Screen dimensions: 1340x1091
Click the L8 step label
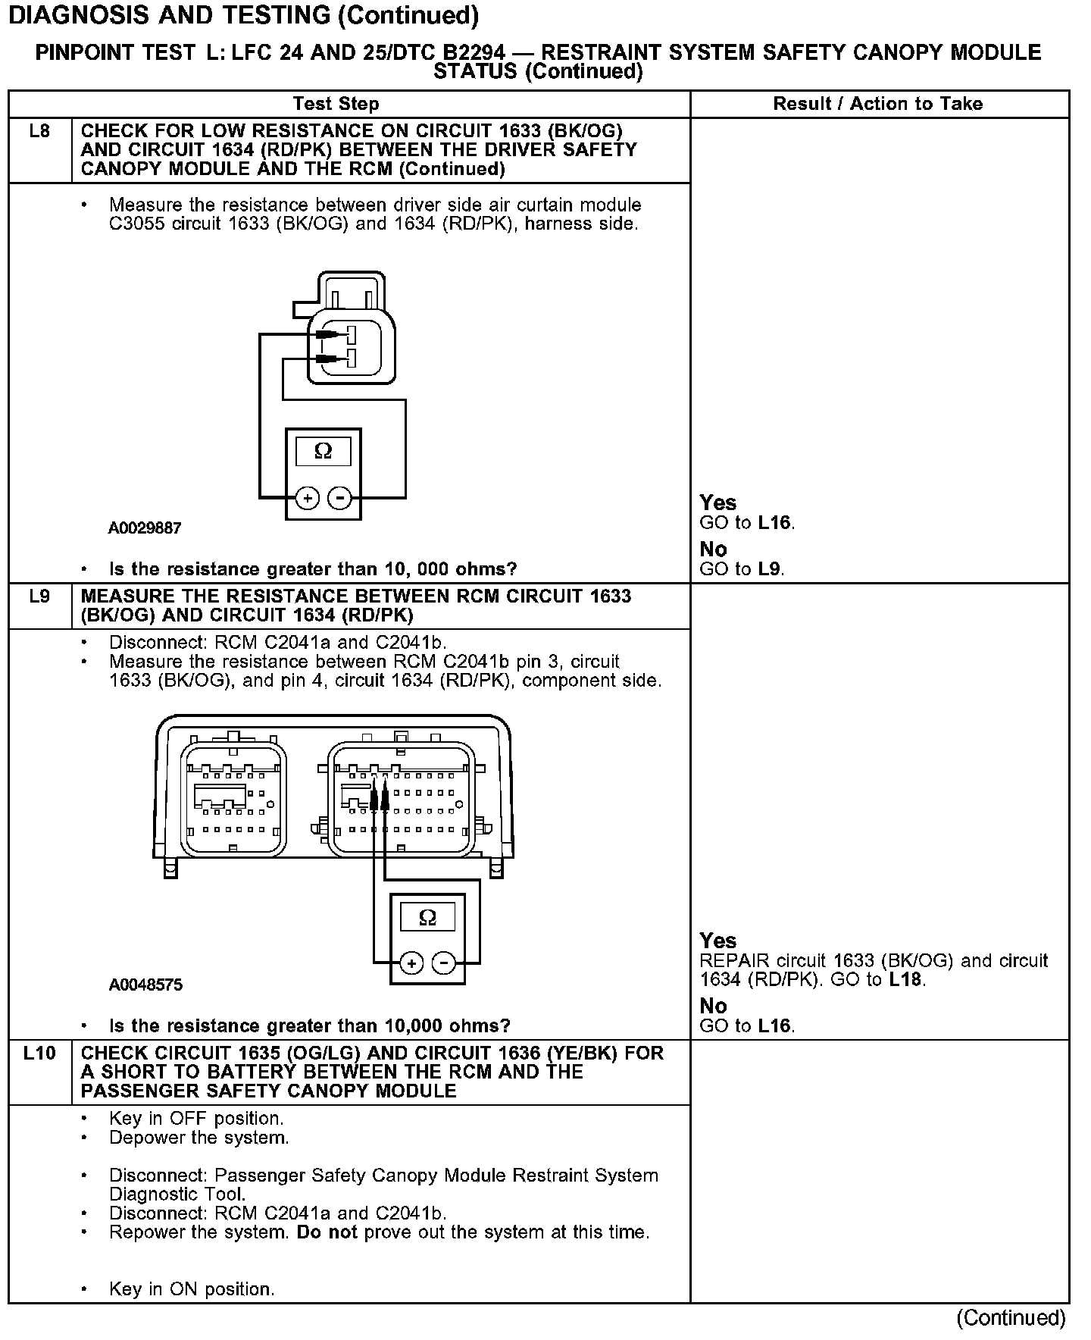39,132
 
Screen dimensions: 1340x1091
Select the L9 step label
39,596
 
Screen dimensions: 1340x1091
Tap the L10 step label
39,1053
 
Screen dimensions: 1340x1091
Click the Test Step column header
336,104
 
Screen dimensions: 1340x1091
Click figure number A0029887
145,528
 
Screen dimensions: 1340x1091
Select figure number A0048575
145,985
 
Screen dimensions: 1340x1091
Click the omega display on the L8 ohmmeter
323,452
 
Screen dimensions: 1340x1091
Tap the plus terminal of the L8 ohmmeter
307,498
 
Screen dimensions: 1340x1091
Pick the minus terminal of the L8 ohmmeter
340,498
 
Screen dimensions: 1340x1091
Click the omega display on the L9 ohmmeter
427,918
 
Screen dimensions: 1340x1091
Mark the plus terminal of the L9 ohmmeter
411,964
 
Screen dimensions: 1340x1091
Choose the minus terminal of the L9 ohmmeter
444,964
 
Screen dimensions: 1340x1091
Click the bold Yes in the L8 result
717,502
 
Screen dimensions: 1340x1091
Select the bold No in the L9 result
713,1007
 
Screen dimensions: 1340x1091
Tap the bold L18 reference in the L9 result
905,980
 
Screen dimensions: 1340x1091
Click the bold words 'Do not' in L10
327,1232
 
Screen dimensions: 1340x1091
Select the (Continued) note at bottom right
1011,1318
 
